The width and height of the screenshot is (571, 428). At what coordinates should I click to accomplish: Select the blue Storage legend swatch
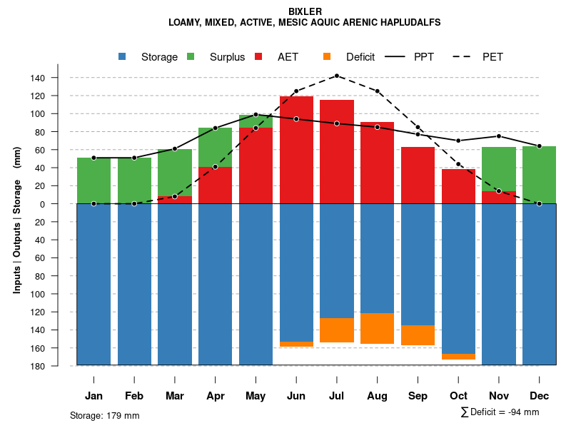[122, 56]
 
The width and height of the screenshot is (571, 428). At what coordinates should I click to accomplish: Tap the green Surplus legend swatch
[191, 56]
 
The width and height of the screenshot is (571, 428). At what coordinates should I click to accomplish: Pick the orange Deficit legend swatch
[327, 56]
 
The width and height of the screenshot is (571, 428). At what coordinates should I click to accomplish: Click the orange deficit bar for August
[378, 329]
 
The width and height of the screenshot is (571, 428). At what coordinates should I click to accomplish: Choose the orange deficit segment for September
[418, 335]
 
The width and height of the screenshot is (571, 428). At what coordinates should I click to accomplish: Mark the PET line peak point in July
[337, 76]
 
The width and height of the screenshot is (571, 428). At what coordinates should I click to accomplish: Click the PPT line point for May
[256, 114]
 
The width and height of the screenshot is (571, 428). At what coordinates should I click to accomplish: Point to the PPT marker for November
[499, 136]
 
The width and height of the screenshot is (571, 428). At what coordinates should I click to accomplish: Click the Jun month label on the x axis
[296, 396]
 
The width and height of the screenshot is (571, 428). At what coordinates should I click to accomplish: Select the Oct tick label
[458, 396]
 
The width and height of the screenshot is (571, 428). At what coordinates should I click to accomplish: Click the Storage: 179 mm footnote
[105, 415]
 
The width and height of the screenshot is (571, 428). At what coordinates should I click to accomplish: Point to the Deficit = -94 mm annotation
[500, 412]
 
